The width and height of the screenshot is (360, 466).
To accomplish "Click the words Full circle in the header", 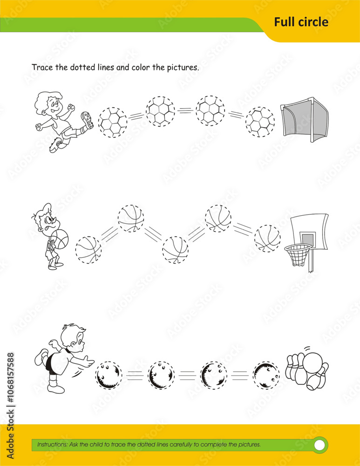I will [301, 22].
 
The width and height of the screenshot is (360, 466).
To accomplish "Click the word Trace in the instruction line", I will [42, 67].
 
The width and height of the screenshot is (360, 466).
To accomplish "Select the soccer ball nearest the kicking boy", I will [112, 123].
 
